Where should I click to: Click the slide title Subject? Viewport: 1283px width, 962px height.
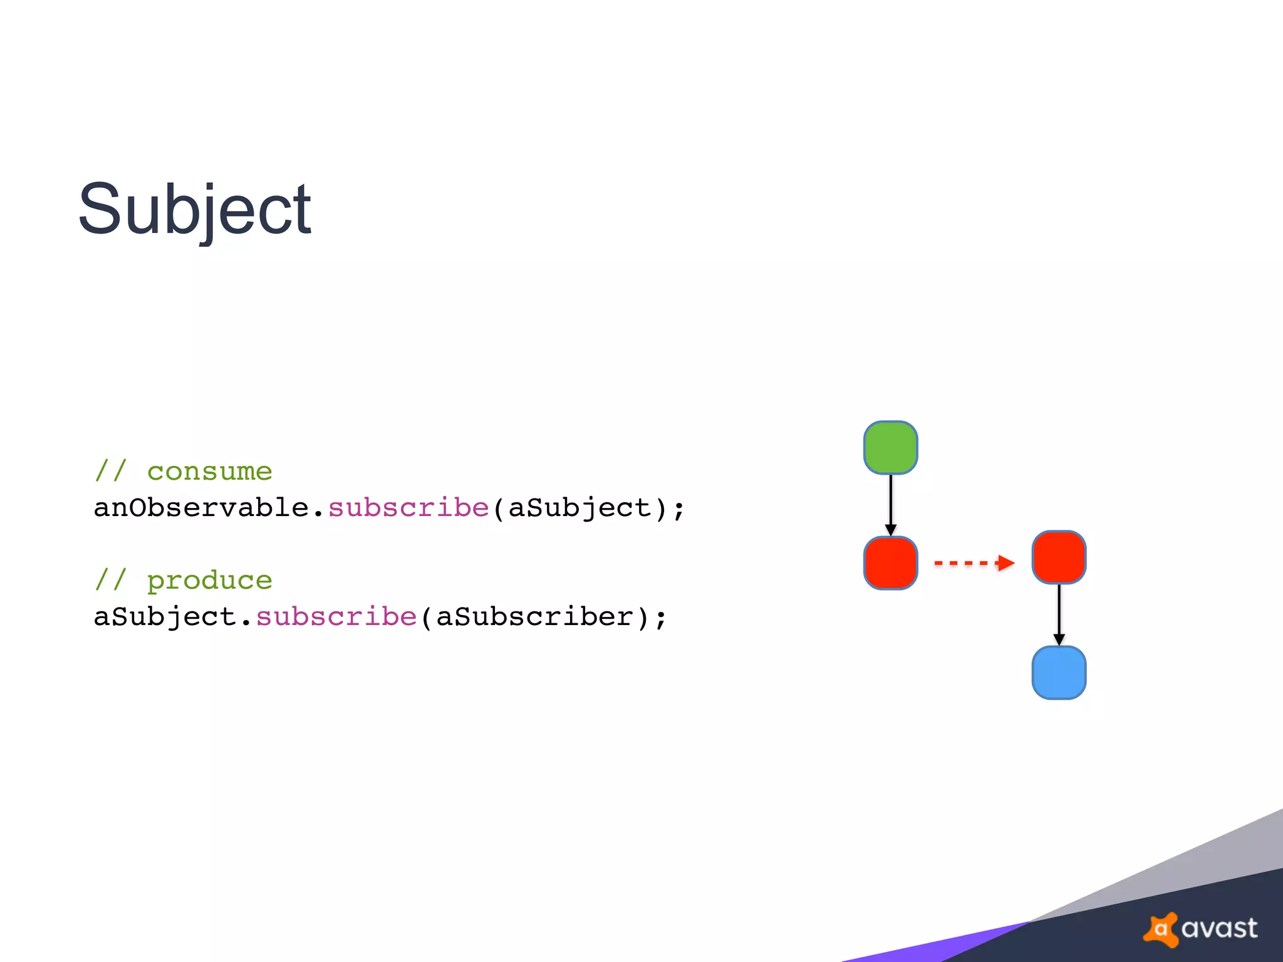click(194, 209)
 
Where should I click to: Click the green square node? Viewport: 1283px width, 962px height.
click(890, 448)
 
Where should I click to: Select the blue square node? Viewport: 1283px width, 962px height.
click(1059, 673)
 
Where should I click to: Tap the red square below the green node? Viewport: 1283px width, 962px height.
click(890, 563)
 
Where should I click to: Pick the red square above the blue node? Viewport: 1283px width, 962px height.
click(1059, 557)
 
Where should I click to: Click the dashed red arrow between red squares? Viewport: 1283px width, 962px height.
click(974, 563)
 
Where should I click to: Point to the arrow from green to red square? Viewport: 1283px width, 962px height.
click(890, 504)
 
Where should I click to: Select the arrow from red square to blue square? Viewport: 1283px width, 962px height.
click(1059, 614)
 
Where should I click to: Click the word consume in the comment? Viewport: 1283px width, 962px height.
click(209, 472)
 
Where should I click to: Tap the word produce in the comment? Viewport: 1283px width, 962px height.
click(209, 581)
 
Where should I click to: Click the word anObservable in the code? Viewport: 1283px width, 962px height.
click(201, 508)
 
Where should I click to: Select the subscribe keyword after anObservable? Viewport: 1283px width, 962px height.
click(408, 508)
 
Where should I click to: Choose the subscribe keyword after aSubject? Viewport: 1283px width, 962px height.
click(336, 617)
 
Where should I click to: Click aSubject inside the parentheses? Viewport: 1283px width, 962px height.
click(579, 508)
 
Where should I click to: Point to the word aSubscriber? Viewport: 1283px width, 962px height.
click(534, 617)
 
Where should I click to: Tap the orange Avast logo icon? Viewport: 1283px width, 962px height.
click(1161, 929)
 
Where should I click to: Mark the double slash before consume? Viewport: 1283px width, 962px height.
click(111, 472)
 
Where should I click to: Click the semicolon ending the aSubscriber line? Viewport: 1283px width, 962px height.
click(661, 619)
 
